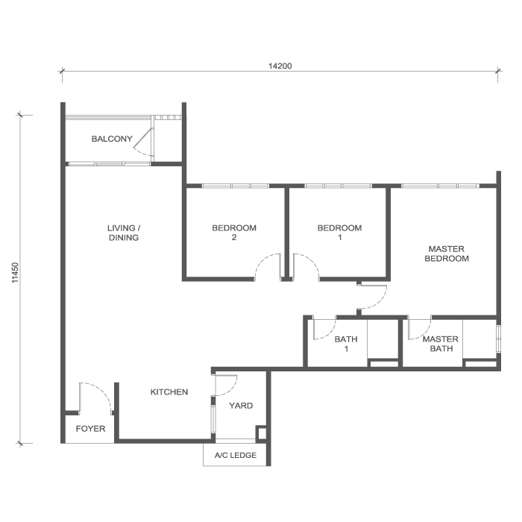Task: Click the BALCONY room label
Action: pos(112,139)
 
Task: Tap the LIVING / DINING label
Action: pos(123,233)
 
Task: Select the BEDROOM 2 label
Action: pos(234,233)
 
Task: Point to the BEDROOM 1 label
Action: pos(339,233)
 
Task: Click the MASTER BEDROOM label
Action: pos(447,254)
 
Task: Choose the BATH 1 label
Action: pos(346,344)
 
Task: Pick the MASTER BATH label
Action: pos(440,344)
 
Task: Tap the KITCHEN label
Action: pos(169,392)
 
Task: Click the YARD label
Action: pos(241,406)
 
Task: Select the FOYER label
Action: pos(90,430)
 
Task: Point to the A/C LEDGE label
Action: pos(236,456)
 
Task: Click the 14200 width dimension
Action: pos(280,66)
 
